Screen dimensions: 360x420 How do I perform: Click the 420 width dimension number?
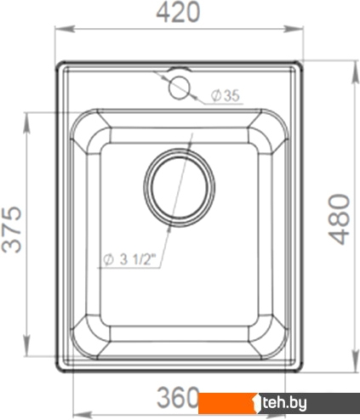[x=179, y=12]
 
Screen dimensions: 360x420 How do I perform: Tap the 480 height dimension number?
[x=339, y=219]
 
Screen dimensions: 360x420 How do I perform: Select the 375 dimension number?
[x=12, y=230]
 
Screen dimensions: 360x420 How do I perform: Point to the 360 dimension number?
[x=178, y=397]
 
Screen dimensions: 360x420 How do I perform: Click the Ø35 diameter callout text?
[x=226, y=95]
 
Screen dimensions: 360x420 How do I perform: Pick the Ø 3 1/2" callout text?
[x=130, y=259]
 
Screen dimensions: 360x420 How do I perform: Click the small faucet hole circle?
[x=179, y=88]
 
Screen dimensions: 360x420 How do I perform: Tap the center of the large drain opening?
[x=179, y=187]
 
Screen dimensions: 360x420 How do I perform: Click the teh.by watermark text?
[x=284, y=403]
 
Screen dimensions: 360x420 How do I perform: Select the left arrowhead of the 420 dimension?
[x=65, y=29]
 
